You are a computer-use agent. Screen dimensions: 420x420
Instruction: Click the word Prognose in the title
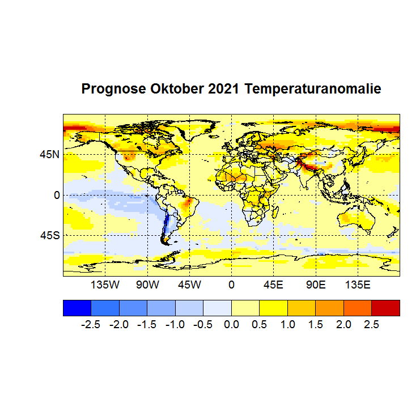[114, 90]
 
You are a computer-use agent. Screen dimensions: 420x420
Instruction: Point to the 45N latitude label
[49, 154]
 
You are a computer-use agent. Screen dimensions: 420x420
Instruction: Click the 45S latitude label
[49, 235]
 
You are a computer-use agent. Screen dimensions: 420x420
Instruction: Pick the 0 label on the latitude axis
[57, 194]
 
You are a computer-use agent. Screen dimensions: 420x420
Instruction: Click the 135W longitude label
[105, 284]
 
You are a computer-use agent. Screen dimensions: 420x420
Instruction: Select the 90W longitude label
[147, 284]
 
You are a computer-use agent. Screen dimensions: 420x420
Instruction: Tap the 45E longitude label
[273, 284]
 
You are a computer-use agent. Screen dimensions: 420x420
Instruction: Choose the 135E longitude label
[358, 284]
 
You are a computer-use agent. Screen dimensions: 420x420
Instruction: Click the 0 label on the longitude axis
[231, 284]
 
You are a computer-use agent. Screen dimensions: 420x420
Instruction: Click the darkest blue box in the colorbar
[77, 307]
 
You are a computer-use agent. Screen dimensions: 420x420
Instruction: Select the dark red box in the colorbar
[385, 307]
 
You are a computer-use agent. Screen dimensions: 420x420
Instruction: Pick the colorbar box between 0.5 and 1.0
[273, 307]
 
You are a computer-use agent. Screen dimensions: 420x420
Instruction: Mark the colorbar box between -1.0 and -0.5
[189, 307]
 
